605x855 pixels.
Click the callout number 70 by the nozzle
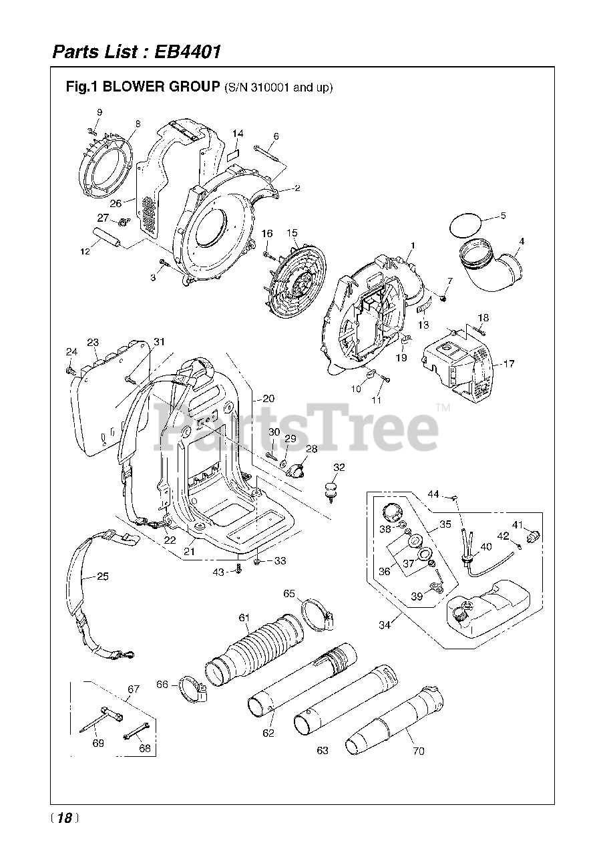pyautogui.click(x=419, y=751)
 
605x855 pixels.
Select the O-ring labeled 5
pyautogui.click(x=464, y=224)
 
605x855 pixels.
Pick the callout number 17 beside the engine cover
pyautogui.click(x=509, y=364)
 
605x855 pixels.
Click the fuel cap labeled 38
pyautogui.click(x=393, y=516)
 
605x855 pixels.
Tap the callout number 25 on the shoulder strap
pyautogui.click(x=102, y=576)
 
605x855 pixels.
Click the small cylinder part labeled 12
pyautogui.click(x=108, y=236)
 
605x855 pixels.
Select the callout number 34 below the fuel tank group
pyautogui.click(x=385, y=625)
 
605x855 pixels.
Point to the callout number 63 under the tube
pyautogui.click(x=323, y=751)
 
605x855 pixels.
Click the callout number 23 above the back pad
pyautogui.click(x=93, y=342)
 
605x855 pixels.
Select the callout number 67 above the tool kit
pyautogui.click(x=134, y=689)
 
